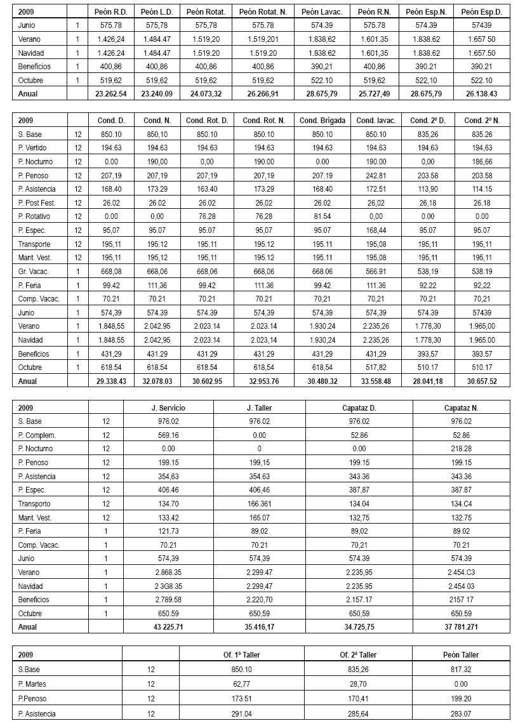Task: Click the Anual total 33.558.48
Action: pos(374,381)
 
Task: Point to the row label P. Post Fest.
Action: pos(37,203)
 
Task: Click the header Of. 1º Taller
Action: pos(241,654)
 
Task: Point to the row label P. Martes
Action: pos(34,684)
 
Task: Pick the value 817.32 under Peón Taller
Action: pos(461,670)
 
